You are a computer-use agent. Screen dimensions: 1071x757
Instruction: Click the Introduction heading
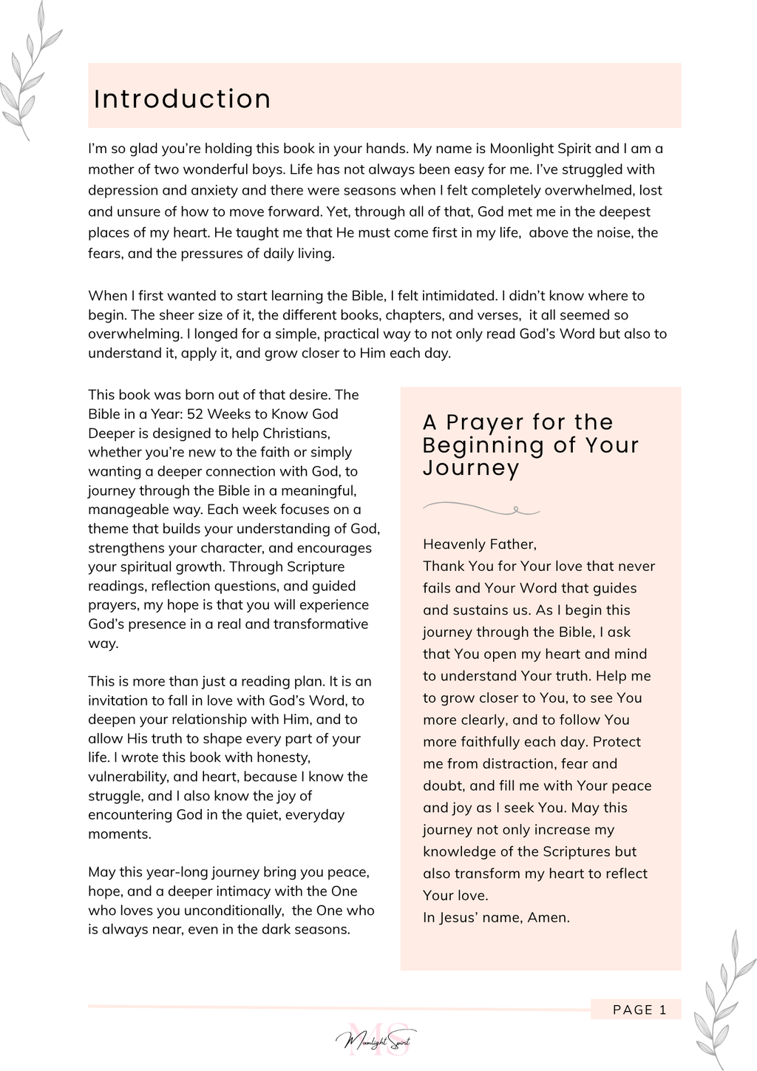click(183, 99)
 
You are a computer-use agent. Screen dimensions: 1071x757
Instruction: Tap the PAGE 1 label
click(639, 1010)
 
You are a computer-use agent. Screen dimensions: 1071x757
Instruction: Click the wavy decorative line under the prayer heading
click(481, 508)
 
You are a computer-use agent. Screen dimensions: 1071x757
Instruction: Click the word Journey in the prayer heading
click(471, 468)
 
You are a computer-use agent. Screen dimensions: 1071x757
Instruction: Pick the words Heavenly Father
click(479, 544)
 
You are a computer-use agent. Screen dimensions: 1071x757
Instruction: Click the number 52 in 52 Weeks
click(195, 413)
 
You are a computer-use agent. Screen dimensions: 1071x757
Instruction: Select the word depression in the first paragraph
click(121, 190)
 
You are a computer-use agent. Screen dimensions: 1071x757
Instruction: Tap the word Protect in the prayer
click(617, 742)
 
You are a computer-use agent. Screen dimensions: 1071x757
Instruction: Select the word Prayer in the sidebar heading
click(484, 422)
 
